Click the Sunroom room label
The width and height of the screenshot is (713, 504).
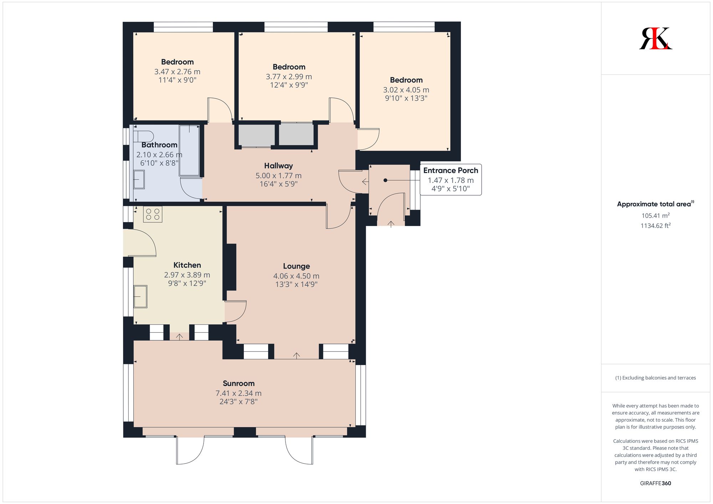238,384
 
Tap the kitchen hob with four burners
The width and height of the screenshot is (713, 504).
153,214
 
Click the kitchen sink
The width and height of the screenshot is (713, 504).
140,296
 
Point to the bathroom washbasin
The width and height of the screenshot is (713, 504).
139,179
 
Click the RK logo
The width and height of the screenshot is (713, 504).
655,38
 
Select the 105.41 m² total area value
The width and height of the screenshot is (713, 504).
655,216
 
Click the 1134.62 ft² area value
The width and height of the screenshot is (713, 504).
655,226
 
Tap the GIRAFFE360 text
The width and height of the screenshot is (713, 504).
655,483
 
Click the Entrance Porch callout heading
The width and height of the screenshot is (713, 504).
450,170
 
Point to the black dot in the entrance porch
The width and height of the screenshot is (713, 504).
385,180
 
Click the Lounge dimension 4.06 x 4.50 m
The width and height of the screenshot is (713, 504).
296,276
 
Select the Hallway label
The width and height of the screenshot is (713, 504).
278,166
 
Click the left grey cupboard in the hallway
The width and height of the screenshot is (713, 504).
256,135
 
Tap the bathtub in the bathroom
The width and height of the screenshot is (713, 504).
189,150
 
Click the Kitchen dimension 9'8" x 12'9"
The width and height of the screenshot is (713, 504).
187,283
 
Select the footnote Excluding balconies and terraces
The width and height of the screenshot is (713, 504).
655,378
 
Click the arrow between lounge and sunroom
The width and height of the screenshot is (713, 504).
297,355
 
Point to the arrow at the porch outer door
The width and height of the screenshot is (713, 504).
391,224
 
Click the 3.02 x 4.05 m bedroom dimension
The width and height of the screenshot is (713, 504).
406,90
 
